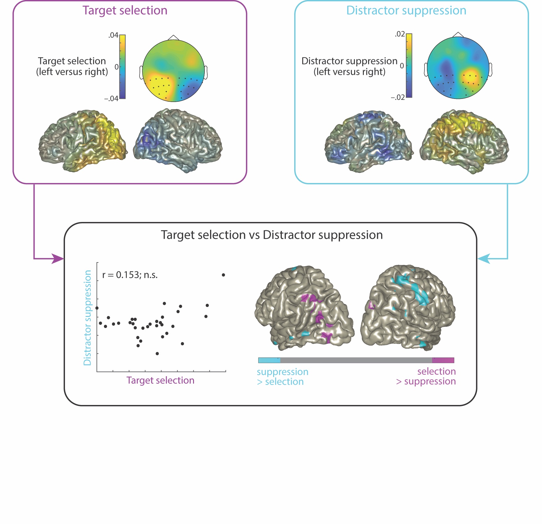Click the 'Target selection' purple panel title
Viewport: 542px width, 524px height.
(125, 11)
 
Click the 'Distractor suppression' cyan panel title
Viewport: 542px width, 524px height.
(406, 11)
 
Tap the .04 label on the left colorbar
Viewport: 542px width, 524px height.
(113, 35)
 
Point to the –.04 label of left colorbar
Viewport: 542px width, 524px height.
(111, 99)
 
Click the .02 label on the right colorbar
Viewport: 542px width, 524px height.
(400, 34)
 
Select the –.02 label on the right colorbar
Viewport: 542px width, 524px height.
(398, 97)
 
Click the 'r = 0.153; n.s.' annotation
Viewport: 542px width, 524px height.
(130, 275)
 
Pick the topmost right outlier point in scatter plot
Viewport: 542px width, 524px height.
(223, 275)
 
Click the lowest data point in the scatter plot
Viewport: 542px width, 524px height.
(157, 353)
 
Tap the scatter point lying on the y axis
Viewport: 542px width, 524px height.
(97, 308)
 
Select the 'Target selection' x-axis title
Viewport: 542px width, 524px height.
(160, 380)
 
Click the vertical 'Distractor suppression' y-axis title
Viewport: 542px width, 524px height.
(88, 317)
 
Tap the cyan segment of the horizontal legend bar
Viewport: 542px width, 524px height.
(269, 360)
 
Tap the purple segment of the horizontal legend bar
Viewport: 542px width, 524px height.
(443, 360)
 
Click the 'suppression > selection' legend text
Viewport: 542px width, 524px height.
(282, 377)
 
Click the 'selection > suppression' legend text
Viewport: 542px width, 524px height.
(426, 376)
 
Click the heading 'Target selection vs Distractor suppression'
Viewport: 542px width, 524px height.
(272, 235)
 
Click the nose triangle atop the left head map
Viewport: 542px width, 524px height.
(174, 38)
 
